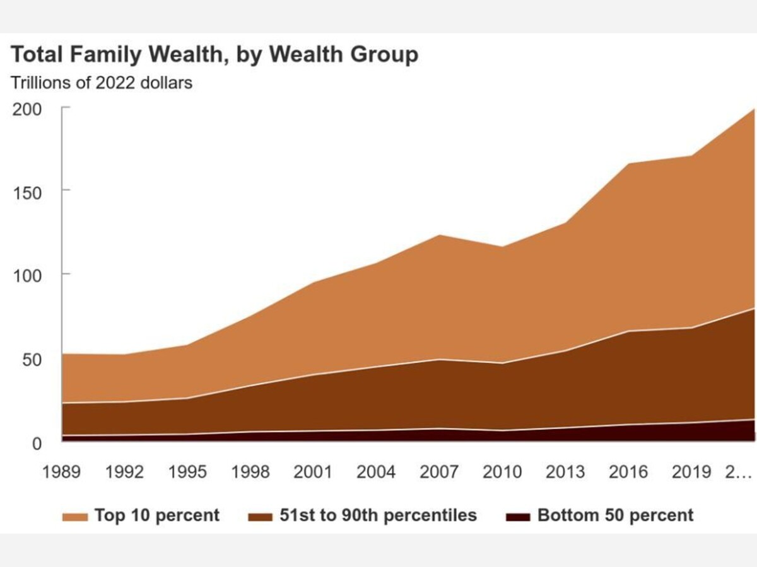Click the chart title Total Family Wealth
214,55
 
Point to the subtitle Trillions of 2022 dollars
102,83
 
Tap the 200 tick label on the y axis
28,108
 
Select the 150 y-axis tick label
28,191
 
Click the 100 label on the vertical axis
28,275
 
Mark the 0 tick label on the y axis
36,443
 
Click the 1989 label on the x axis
62,472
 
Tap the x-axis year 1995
187,472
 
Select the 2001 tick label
314,472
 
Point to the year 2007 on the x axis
439,472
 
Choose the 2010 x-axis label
502,472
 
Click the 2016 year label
628,472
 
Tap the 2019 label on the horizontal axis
691,472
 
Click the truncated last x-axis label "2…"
739,472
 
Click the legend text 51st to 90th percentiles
378,515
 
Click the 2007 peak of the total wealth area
439,235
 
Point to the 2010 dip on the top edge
502,246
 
